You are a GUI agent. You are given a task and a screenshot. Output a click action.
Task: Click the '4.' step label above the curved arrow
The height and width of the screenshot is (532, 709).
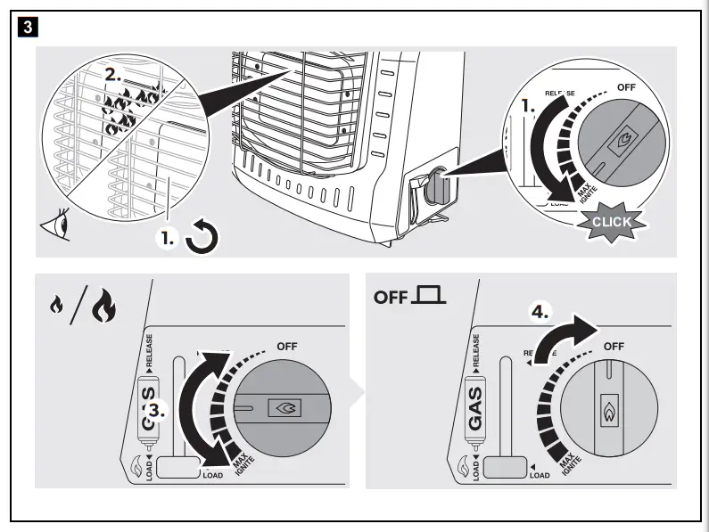pos(540,313)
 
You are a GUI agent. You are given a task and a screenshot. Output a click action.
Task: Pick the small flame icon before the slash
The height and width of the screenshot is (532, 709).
pos(57,308)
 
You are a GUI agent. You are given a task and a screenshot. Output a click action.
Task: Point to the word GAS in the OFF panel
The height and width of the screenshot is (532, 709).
pos(475,406)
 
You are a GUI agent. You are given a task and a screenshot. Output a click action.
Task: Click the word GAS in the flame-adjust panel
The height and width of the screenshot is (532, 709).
pos(149,406)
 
